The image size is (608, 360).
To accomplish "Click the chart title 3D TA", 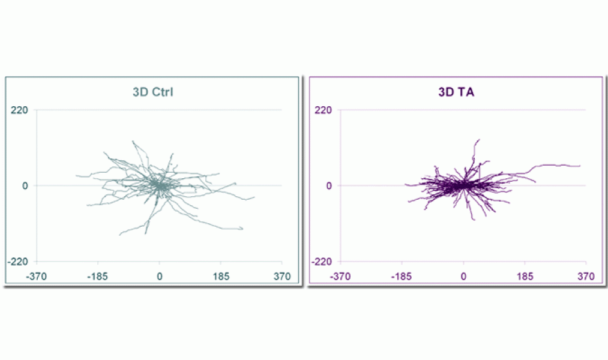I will [x=456, y=93].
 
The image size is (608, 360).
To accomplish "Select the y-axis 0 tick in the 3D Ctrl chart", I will [x=25, y=186].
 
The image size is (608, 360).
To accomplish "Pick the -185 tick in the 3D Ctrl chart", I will [x=97, y=277].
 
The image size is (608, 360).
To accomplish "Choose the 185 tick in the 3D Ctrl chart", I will [x=221, y=277].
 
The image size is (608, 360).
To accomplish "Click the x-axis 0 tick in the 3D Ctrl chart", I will [x=160, y=277].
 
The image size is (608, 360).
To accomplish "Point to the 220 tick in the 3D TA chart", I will [x=324, y=110].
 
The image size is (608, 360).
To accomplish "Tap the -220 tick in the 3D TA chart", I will [x=322, y=262].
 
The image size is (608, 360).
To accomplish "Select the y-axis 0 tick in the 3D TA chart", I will [x=328, y=186].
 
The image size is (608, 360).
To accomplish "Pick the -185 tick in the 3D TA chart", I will [x=402, y=277].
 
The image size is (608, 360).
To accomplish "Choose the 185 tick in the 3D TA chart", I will [x=525, y=277].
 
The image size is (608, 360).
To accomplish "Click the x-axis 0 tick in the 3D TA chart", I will [x=463, y=277].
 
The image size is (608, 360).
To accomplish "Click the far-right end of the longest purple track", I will [x=580, y=166].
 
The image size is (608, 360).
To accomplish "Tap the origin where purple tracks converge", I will [x=463, y=185].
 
